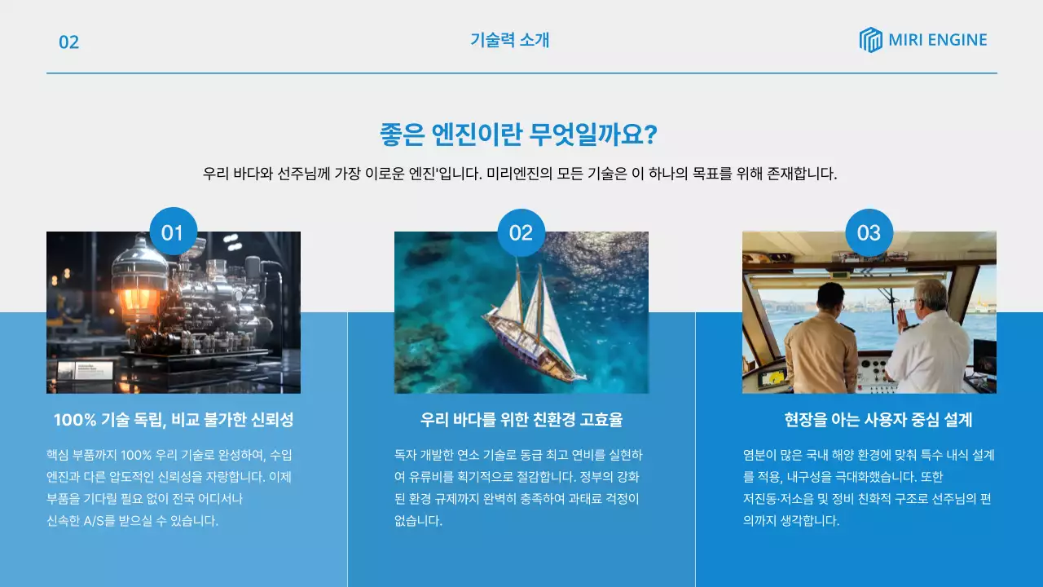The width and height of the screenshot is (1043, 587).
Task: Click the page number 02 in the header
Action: (x=69, y=42)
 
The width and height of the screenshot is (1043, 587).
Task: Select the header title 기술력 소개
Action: (x=510, y=40)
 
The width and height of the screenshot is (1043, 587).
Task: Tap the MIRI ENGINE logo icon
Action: (x=870, y=40)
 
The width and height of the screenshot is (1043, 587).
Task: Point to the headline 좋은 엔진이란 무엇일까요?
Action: (x=518, y=135)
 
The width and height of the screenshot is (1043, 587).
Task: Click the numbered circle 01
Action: (x=174, y=232)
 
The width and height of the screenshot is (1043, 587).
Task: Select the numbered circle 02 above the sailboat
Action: (x=521, y=233)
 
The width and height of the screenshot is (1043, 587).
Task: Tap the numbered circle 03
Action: (x=869, y=233)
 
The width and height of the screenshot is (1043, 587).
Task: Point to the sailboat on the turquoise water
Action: (x=534, y=326)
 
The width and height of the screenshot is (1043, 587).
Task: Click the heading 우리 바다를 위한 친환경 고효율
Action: (x=521, y=420)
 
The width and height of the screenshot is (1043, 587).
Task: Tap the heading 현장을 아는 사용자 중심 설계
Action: (x=878, y=420)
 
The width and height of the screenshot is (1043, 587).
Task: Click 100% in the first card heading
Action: (x=74, y=420)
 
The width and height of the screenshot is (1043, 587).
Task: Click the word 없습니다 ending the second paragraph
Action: (x=418, y=521)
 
